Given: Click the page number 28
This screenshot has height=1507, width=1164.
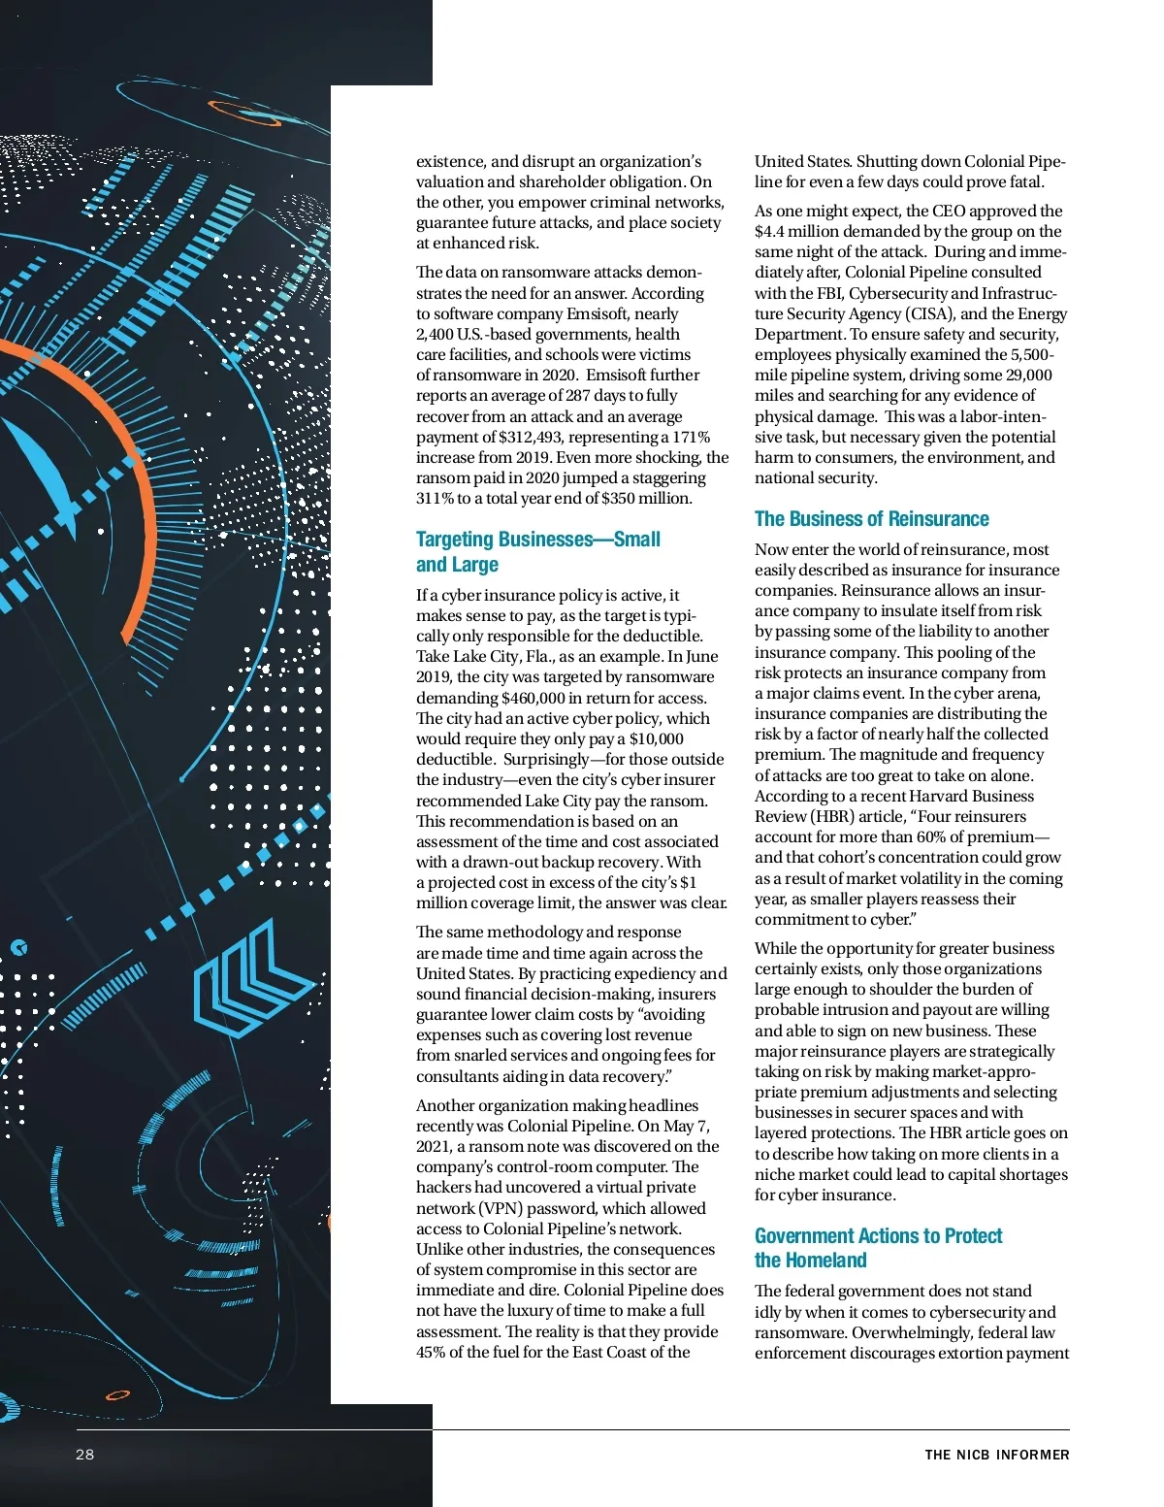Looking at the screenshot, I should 85,1454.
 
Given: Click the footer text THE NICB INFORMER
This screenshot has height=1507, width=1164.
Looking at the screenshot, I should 996,1455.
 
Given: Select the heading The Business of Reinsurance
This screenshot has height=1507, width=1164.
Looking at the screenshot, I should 871,519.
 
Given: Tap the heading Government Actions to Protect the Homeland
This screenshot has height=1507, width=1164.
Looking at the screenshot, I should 878,1248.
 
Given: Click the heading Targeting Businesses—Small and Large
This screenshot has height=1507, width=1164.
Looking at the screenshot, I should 537,551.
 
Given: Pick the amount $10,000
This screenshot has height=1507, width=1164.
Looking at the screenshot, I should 656,738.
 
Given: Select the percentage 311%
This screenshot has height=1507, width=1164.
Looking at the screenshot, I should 436,499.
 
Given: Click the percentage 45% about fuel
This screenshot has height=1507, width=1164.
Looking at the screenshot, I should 432,1352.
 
